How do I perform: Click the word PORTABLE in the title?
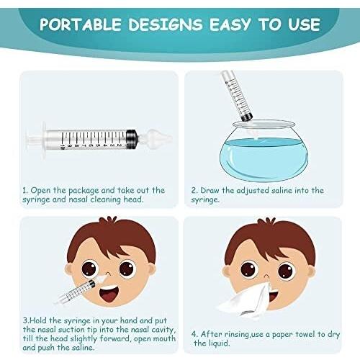coord(81,24)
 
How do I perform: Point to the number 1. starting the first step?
coord(24,191)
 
